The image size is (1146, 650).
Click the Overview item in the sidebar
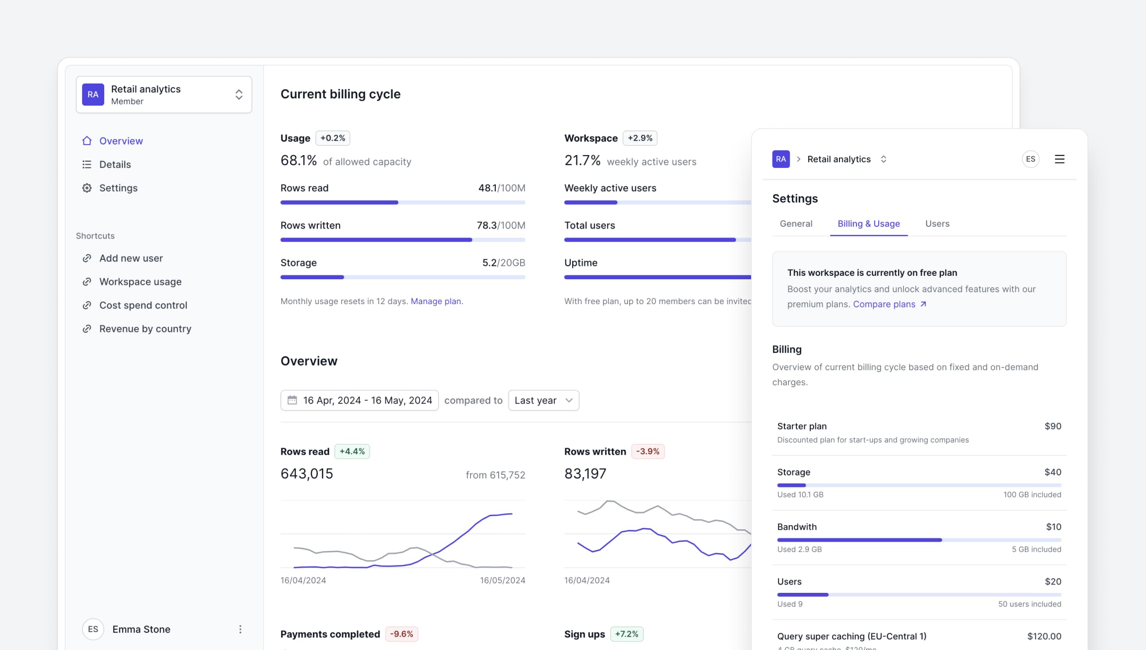tap(121, 141)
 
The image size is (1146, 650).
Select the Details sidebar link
tap(115, 164)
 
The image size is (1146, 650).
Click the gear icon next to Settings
tap(87, 188)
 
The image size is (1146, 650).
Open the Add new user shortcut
tap(131, 258)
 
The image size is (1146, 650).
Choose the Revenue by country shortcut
tap(145, 328)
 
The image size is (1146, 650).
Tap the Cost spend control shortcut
tap(143, 305)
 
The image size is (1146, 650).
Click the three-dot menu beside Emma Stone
tap(240, 629)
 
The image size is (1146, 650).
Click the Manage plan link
tap(436, 301)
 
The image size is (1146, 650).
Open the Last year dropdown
tap(543, 401)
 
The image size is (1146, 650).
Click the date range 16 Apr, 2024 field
tap(359, 401)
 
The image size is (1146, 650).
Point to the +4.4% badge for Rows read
tap(352, 451)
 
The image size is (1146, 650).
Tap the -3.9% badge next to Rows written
tap(648, 451)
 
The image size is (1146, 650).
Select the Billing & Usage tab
tap(868, 224)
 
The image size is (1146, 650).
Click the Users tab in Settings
tap(937, 224)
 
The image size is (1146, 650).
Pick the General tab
tap(796, 224)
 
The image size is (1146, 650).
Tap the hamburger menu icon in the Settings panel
tap(1059, 159)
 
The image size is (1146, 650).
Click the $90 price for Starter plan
tap(1053, 426)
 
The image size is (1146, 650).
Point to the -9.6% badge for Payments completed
tap(401, 634)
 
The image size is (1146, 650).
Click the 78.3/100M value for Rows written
tap(501, 225)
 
